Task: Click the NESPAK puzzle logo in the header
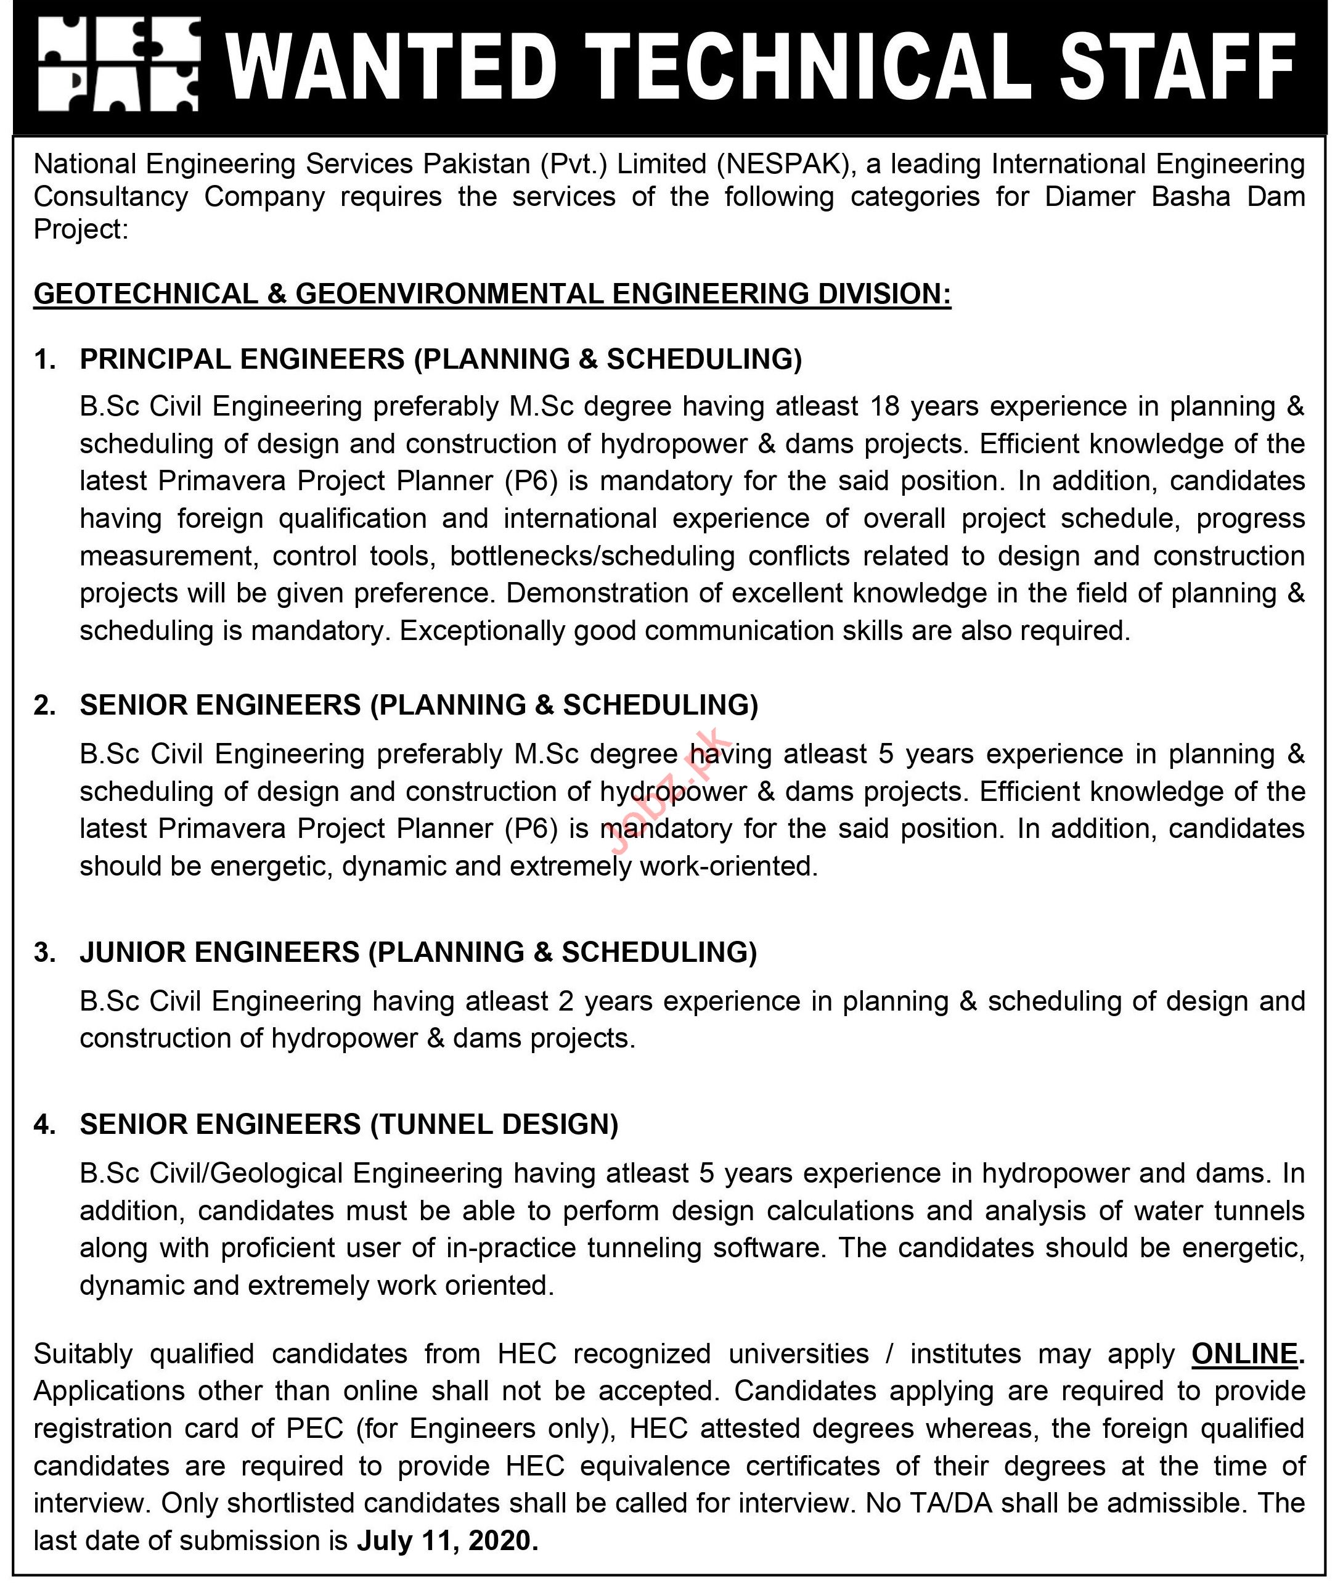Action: coord(119,65)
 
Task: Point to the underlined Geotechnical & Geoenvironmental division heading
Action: coord(492,293)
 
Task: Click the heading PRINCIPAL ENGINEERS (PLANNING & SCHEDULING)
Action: coord(441,359)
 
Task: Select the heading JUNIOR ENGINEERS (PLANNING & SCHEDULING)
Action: coord(418,952)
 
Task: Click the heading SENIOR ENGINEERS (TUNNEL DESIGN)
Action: coord(349,1125)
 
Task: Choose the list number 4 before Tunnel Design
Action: coord(44,1125)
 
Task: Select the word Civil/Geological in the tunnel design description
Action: coord(247,1173)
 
